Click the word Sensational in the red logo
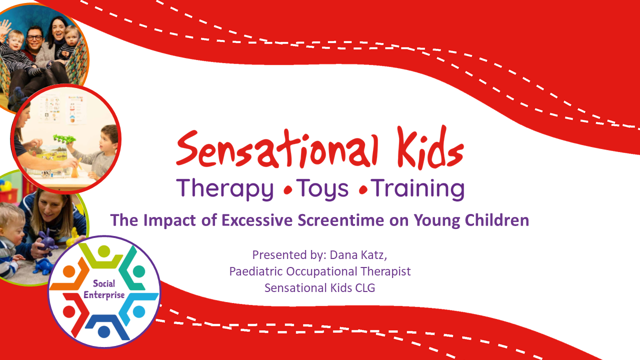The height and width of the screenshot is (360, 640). [277, 148]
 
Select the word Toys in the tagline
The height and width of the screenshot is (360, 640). [322, 189]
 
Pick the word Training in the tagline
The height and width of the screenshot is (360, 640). [417, 188]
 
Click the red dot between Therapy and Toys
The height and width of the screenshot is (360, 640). [288, 190]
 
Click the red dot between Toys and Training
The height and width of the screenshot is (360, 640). [363, 190]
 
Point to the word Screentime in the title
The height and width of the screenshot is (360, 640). [341, 220]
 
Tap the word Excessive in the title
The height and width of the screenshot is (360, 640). [257, 220]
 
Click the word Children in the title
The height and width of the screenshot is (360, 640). [497, 220]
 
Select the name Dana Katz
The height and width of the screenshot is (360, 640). [358, 255]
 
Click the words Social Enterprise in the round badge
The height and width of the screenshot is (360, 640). [104, 289]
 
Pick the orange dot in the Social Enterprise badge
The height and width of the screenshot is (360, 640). [69, 271]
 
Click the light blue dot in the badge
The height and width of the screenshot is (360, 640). [139, 311]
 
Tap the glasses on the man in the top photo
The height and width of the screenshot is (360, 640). [35, 37]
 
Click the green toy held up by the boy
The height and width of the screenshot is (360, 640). [64, 139]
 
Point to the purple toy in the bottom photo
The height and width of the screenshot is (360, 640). [46, 243]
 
